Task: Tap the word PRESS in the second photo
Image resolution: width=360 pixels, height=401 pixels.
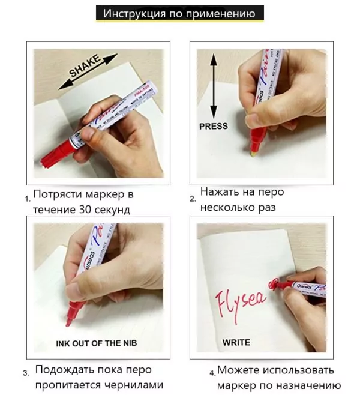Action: pyautogui.click(x=214, y=126)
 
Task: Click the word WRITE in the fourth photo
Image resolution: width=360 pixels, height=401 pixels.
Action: pyautogui.click(x=236, y=343)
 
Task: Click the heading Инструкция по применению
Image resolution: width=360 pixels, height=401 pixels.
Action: pyautogui.click(x=179, y=13)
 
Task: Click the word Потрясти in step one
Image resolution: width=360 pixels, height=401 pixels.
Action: pyautogui.click(x=56, y=194)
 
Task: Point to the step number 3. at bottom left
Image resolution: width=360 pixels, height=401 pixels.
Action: pyautogui.click(x=26, y=373)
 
